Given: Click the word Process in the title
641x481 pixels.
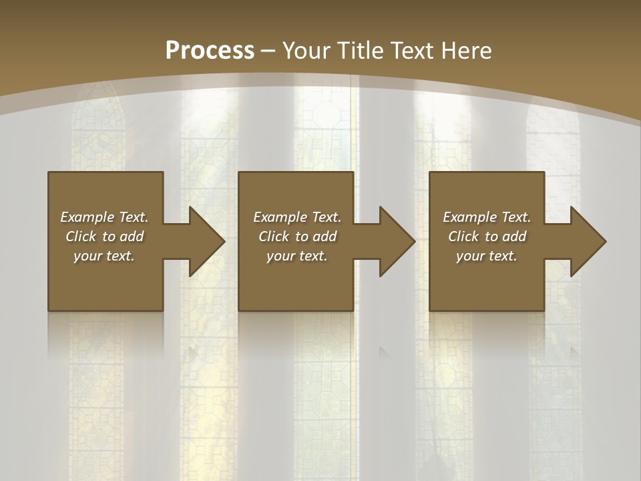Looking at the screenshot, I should [210, 51].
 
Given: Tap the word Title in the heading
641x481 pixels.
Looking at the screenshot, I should [361, 51].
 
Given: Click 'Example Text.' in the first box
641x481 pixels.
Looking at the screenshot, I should [104, 217].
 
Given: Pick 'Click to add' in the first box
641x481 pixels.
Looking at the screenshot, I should [104, 236].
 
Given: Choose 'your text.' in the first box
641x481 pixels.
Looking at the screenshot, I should [104, 256].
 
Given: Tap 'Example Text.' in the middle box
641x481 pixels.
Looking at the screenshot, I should [296, 217].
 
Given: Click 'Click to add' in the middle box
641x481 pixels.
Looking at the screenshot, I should [296, 236].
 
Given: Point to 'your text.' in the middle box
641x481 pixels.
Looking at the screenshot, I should [296, 256].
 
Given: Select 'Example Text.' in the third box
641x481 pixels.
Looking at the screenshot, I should [487, 217].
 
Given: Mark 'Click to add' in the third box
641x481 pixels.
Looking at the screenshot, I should [487, 236].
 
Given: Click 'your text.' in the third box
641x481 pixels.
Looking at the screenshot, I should [487, 256].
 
